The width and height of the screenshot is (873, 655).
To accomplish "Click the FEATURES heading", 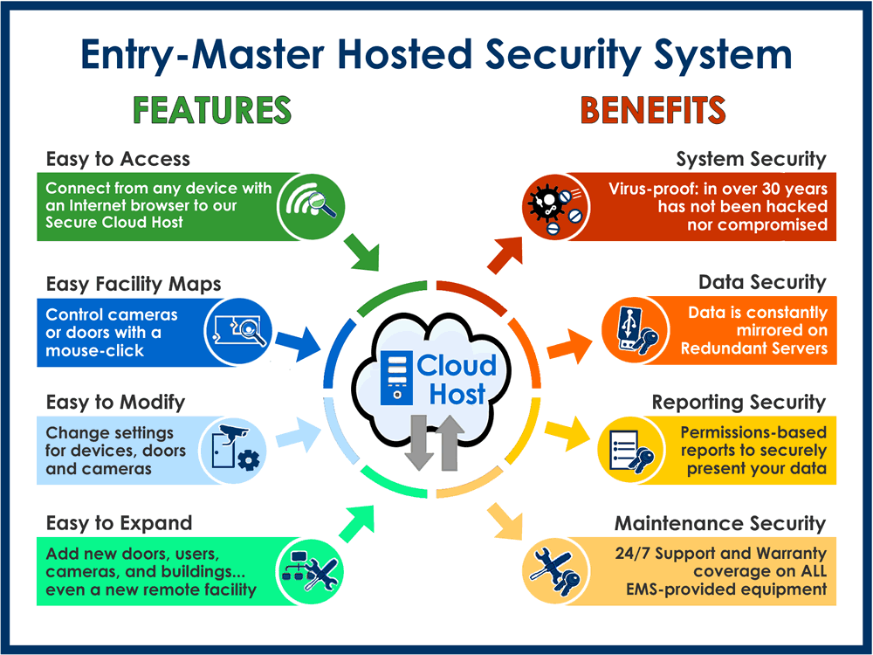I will point(211,110).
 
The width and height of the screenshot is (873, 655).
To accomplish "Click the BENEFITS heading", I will point(653,110).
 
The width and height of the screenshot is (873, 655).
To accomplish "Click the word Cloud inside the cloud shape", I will point(456,365).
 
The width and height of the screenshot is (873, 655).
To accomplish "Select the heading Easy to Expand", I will point(119,523).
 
